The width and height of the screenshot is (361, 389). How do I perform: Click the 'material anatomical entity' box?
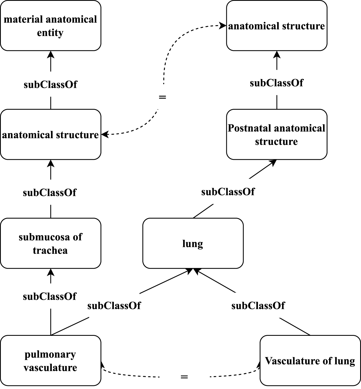tap(50, 26)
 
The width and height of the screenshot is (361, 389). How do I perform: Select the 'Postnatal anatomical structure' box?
tap(276, 135)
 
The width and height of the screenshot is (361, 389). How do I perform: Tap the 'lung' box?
tap(193, 243)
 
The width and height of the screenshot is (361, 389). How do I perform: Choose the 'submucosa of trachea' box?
tap(50, 243)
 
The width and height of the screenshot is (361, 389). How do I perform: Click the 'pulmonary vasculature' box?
tap(50, 360)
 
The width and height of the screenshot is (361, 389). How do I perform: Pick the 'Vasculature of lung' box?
tap(310, 360)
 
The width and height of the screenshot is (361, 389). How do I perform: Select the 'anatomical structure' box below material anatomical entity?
tap(50, 135)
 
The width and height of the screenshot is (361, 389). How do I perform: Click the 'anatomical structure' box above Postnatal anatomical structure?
tap(276, 26)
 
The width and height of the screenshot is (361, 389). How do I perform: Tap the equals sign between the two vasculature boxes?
tap(184, 377)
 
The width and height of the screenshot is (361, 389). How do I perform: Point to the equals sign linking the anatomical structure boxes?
tap(162, 97)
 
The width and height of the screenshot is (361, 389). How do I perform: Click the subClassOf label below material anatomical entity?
tap(50, 85)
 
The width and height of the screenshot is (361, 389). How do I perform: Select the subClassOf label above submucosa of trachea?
tap(50, 193)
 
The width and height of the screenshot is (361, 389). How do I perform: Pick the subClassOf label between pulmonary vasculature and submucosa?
tap(50, 296)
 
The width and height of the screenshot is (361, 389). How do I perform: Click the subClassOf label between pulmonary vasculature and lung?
tap(114, 306)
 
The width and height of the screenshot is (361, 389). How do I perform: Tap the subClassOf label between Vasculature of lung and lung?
tap(258, 306)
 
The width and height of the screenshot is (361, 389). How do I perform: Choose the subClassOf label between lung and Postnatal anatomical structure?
tap(228, 192)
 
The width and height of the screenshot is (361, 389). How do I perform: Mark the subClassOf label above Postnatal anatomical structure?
tap(276, 83)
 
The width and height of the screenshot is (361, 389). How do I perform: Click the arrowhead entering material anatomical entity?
tap(50, 54)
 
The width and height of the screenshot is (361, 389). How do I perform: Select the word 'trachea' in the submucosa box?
tap(50, 250)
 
